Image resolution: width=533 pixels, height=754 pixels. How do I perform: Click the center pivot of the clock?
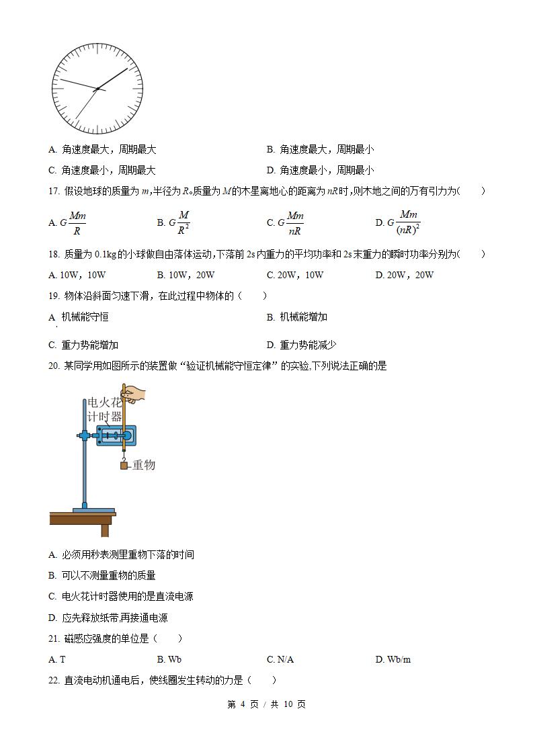(x=97, y=89)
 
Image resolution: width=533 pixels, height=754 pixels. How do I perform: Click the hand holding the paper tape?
(x=136, y=394)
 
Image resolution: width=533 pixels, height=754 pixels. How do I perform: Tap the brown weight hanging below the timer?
(x=124, y=466)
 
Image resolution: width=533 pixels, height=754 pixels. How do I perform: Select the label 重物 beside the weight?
(x=143, y=465)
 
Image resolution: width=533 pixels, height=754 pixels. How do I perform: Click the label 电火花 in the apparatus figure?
(x=105, y=403)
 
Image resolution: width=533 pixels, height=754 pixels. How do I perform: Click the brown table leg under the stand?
(x=105, y=530)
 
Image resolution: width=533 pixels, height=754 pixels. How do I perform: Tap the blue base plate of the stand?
(x=93, y=511)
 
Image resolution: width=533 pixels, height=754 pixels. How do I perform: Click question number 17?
(x=54, y=192)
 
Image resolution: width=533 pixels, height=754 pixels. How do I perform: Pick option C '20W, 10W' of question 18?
(x=295, y=275)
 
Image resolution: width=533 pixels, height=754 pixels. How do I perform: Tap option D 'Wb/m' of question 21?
(x=393, y=659)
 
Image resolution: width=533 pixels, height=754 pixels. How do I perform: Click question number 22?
(x=54, y=680)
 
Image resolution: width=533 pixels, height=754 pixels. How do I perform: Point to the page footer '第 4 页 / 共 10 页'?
(x=267, y=704)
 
